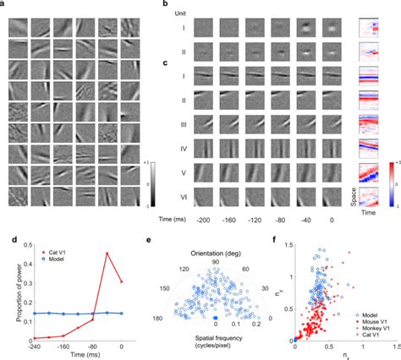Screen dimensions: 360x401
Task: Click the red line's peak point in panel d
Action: pos(107,253)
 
